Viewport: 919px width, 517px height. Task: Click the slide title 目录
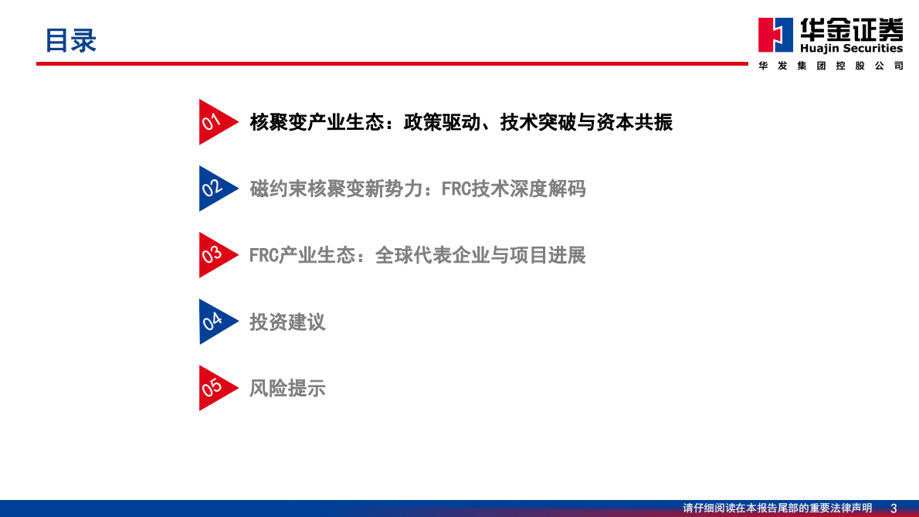coord(70,40)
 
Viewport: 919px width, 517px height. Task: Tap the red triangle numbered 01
coord(213,122)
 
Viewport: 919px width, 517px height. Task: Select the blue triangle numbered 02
coord(213,189)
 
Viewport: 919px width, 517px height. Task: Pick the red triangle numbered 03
coord(213,255)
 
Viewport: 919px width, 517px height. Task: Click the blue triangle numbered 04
coord(213,321)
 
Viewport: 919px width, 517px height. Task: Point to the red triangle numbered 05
coord(213,388)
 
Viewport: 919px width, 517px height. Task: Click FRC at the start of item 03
coord(263,255)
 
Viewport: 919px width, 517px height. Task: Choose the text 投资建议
coord(287,321)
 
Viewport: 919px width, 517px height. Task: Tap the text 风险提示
coord(287,388)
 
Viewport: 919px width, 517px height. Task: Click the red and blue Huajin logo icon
coord(775,36)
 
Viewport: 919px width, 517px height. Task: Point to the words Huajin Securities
coord(850,49)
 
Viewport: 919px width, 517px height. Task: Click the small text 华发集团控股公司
coord(830,66)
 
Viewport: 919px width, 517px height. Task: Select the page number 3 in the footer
coord(894,508)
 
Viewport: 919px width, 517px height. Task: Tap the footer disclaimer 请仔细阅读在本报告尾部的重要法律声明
coord(777,508)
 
